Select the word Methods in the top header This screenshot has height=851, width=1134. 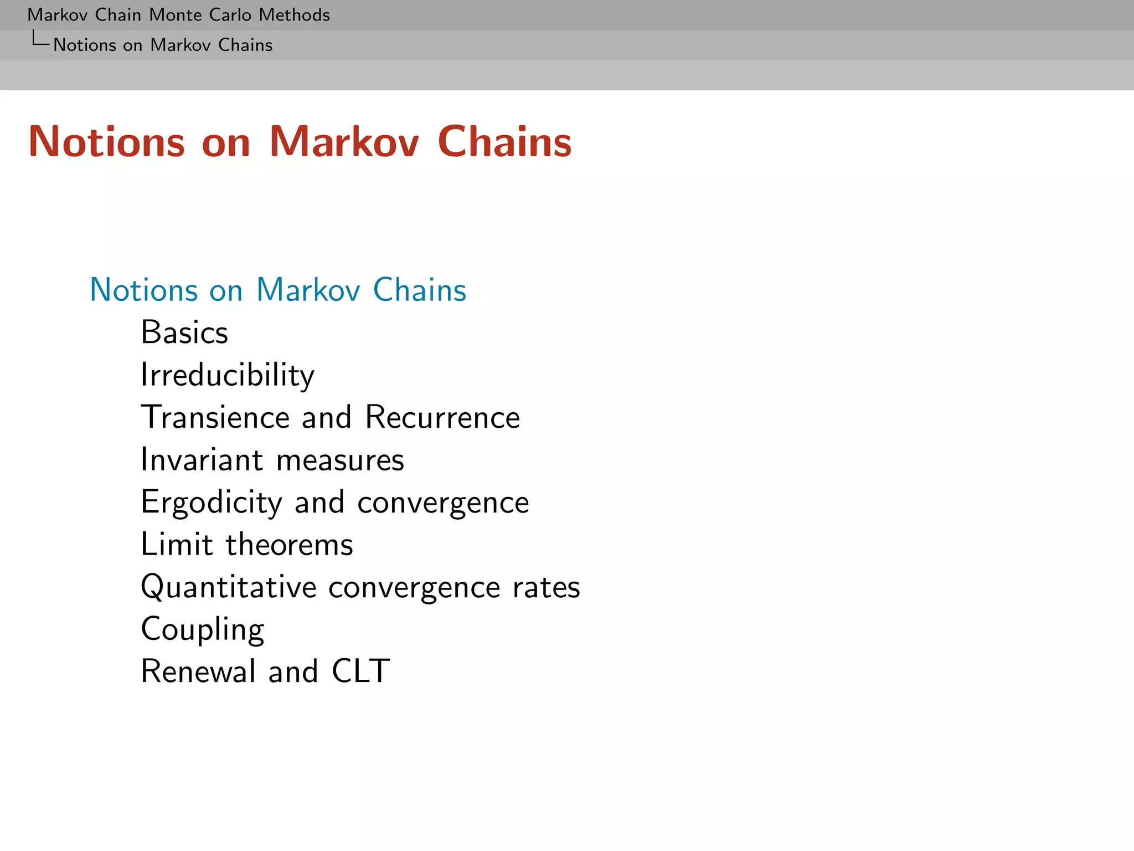294,15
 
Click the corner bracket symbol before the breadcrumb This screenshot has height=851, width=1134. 40,39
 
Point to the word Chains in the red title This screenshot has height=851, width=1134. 504,142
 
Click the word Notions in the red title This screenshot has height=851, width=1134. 106,142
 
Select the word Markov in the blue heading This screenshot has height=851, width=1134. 308,290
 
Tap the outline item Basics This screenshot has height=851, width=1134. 184,332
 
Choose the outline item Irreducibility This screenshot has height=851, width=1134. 228,375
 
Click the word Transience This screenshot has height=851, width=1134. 215,417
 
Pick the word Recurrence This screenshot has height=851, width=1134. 442,417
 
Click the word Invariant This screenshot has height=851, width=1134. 202,460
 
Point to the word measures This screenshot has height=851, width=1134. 340,460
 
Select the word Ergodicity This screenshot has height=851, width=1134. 212,503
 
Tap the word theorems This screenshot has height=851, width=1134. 289,545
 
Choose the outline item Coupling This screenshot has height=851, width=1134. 203,629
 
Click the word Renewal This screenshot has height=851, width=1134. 198,671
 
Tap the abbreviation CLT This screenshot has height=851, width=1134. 360,671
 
